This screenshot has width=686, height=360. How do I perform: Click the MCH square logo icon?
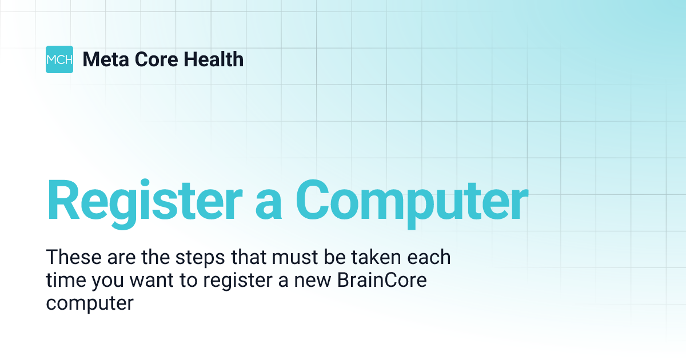click(59, 59)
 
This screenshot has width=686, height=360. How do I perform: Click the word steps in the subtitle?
click(203, 258)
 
